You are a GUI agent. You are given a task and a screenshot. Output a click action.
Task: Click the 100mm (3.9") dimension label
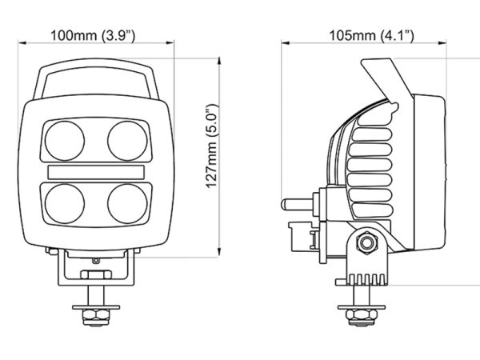tap(93, 36)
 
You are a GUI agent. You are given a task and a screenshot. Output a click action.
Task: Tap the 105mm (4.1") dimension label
tap(371, 36)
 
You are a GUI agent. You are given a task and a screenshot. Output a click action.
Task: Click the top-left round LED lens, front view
tap(65, 141)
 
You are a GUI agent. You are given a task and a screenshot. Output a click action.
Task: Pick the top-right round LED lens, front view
tap(127, 141)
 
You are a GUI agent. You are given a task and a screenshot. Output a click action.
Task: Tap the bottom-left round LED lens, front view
tap(65, 203)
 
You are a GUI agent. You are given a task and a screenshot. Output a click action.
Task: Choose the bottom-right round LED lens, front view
tap(127, 203)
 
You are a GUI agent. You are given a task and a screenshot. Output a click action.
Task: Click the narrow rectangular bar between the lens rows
tap(96, 172)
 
